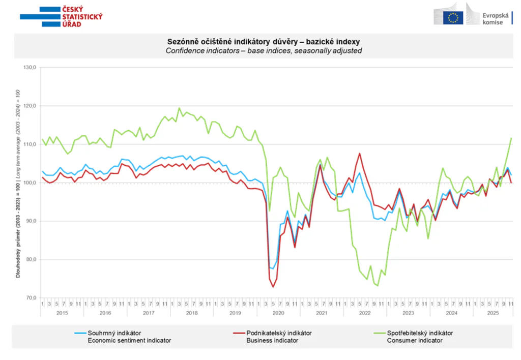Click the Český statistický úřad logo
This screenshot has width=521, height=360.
click(61, 17)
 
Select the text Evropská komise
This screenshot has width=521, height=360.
click(496, 19)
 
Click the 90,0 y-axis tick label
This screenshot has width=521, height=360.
click(31, 221)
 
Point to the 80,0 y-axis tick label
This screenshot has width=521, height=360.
click(31, 260)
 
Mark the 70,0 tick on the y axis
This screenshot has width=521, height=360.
click(31, 298)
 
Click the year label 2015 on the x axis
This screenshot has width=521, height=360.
click(62, 313)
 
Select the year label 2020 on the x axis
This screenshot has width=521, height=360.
click(278, 313)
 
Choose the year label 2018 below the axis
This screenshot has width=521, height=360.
click(191, 313)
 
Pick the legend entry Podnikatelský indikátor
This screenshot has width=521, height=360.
click(279, 333)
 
